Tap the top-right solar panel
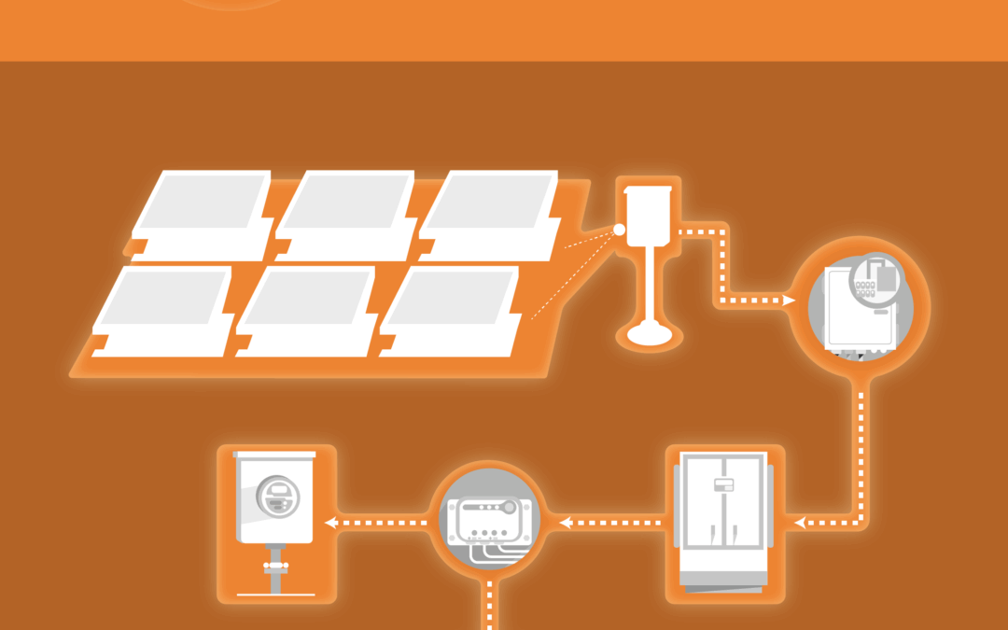[489, 204]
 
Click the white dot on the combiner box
[618, 230]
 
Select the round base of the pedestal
[651, 333]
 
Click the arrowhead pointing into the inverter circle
[790, 301]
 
